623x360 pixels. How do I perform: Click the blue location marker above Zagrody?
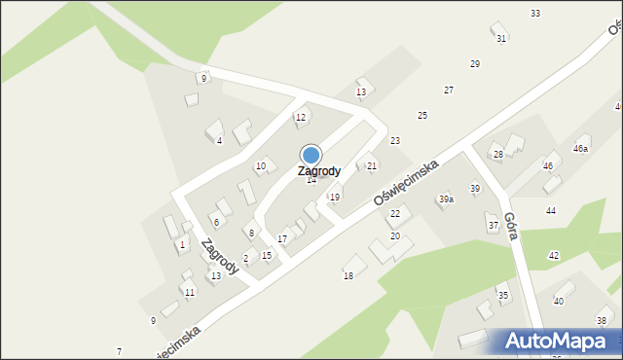pyautogui.click(x=311, y=155)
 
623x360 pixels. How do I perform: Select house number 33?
pyautogui.click(x=535, y=13)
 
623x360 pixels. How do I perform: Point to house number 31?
pyautogui.click(x=501, y=39)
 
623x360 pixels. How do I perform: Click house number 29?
pyautogui.click(x=475, y=64)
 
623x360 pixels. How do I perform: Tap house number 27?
pyautogui.click(x=449, y=90)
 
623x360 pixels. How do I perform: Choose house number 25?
pyautogui.click(x=422, y=116)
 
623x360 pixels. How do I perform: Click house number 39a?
pyautogui.click(x=446, y=199)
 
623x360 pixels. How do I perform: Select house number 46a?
pyautogui.click(x=581, y=149)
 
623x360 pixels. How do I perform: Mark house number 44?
pyautogui.click(x=551, y=211)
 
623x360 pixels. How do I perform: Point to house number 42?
pyautogui.click(x=554, y=256)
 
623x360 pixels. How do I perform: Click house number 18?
pyautogui.click(x=348, y=277)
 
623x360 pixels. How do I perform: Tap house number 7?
pyautogui.click(x=119, y=351)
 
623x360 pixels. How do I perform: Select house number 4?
pyautogui.click(x=219, y=141)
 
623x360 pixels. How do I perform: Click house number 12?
pyautogui.click(x=301, y=118)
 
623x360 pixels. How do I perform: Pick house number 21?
pyautogui.click(x=372, y=166)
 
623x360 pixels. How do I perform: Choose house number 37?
pyautogui.click(x=494, y=226)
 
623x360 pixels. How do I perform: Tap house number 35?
pyautogui.click(x=503, y=295)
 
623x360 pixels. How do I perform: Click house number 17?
pyautogui.click(x=282, y=239)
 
